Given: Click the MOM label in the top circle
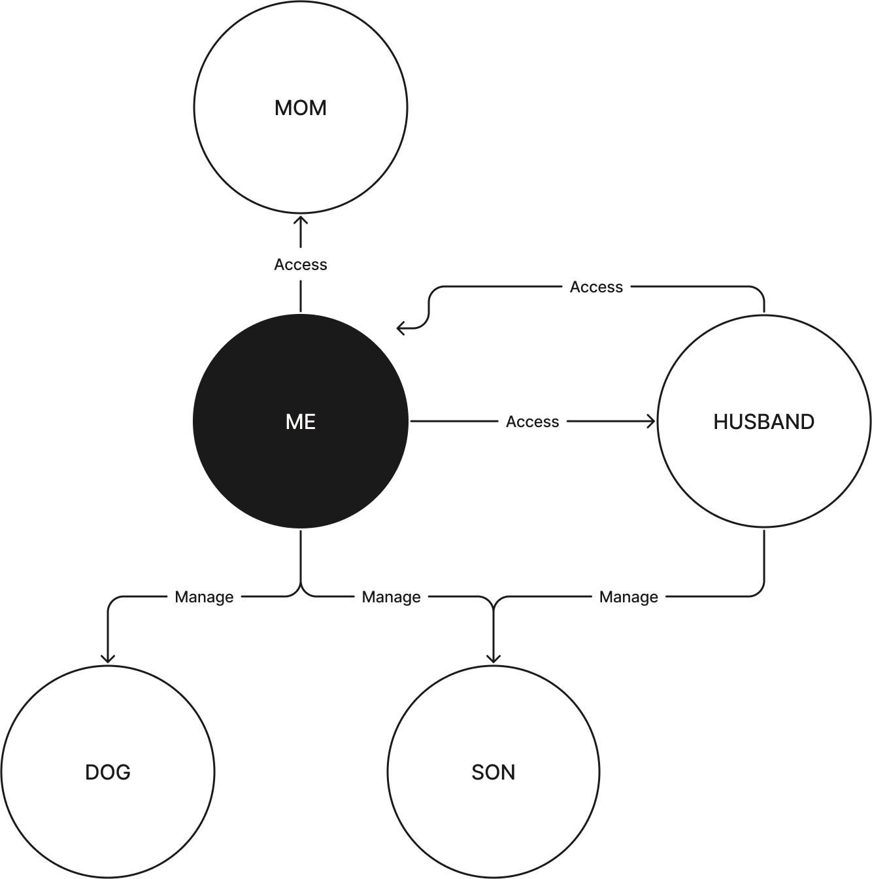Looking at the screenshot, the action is pyautogui.click(x=301, y=108).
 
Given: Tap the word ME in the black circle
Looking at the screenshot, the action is pyautogui.click(x=301, y=422).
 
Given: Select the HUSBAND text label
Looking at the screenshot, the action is pyautogui.click(x=763, y=422).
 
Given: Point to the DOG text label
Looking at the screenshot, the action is pyautogui.click(x=108, y=772).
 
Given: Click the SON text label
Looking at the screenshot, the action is pyautogui.click(x=493, y=772).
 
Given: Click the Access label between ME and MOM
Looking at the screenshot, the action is pyautogui.click(x=301, y=265).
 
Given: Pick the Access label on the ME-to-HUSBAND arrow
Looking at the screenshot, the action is pyautogui.click(x=532, y=422).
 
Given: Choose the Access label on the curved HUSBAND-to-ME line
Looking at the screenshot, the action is pyautogui.click(x=596, y=287).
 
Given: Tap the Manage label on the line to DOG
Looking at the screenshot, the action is pyautogui.click(x=204, y=596).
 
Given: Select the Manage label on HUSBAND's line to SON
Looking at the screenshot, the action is pyautogui.click(x=628, y=596).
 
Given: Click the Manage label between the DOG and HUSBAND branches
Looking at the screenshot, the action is pyautogui.click(x=391, y=596).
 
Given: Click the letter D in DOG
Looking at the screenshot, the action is pyautogui.click(x=92, y=772).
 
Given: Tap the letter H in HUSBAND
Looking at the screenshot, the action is pyautogui.click(x=720, y=422).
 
